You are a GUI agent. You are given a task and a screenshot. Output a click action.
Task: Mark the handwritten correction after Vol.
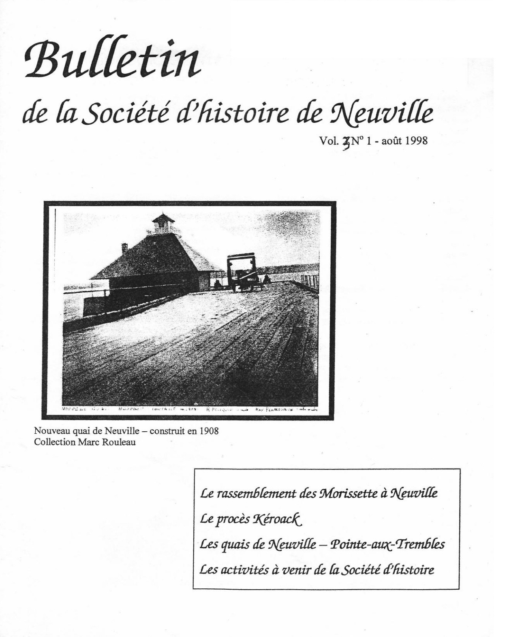click(346, 142)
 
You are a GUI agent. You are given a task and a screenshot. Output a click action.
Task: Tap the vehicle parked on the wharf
click(242, 272)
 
